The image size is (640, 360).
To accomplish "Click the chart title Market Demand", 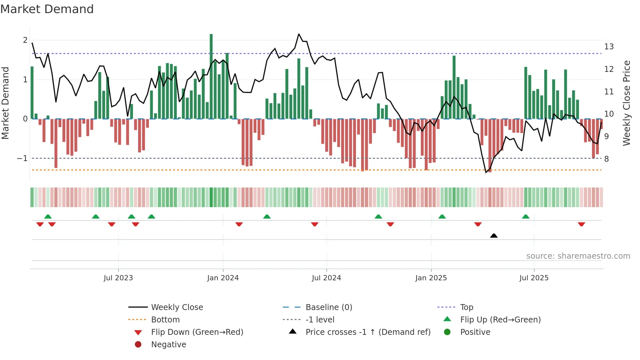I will (47, 9).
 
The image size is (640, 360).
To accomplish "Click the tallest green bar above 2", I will (211, 75).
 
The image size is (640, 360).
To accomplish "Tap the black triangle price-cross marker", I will (494, 236).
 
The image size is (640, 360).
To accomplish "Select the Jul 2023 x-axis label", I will (118, 278).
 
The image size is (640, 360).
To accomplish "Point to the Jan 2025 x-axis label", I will (431, 278).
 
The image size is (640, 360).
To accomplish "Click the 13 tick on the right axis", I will (609, 47).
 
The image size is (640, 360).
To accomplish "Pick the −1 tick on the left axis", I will (22, 158).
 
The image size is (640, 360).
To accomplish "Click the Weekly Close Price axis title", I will (626, 103).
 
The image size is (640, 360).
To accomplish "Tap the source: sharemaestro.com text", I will (578, 256).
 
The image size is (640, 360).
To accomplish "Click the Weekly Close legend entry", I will (177, 307).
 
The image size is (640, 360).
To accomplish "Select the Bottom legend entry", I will (165, 320).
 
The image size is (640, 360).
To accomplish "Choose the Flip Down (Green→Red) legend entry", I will (197, 332).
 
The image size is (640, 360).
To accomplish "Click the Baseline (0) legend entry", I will (328, 307).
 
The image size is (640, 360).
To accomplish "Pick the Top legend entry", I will (467, 307).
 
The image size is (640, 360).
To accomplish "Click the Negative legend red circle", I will (138, 345).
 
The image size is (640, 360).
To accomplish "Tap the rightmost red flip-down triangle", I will (581, 224).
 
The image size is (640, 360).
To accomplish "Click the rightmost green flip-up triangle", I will (526, 217).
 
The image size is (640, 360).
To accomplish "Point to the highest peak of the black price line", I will (299, 34).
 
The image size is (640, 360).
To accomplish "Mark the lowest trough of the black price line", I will (486, 172).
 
